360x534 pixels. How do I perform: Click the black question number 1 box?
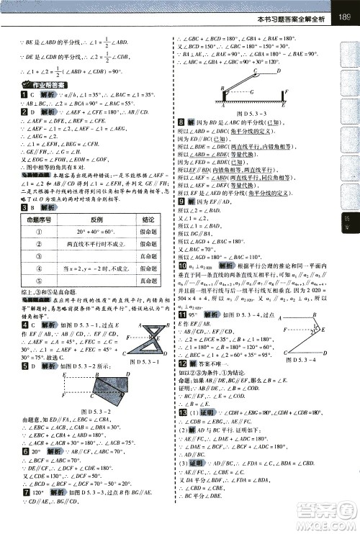click(x=24, y=94)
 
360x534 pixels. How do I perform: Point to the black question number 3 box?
click(x=24, y=208)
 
